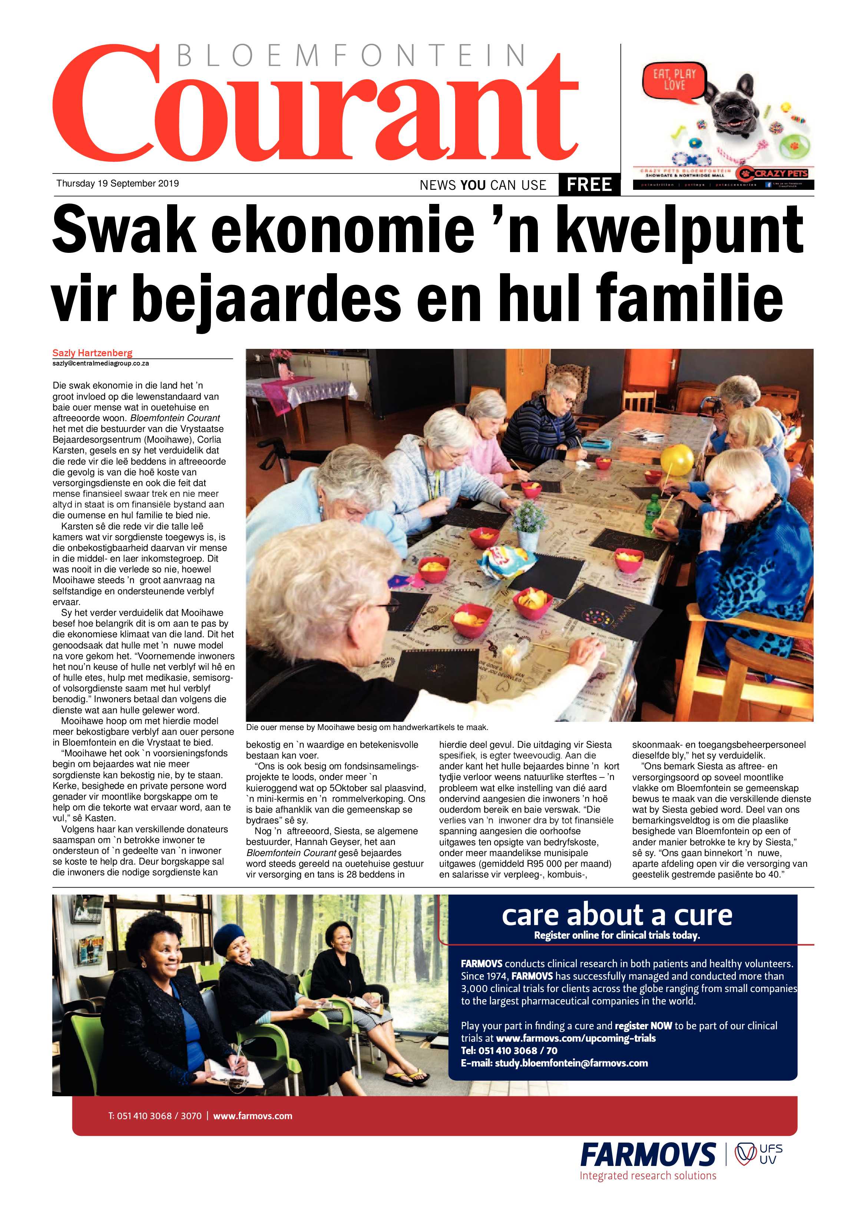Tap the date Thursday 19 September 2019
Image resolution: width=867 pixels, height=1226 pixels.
tap(118, 183)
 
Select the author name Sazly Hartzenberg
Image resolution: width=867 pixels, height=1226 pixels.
tap(92, 353)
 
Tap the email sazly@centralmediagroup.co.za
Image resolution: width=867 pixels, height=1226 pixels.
tap(100, 363)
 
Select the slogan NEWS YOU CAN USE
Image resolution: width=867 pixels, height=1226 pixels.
tap(483, 185)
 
